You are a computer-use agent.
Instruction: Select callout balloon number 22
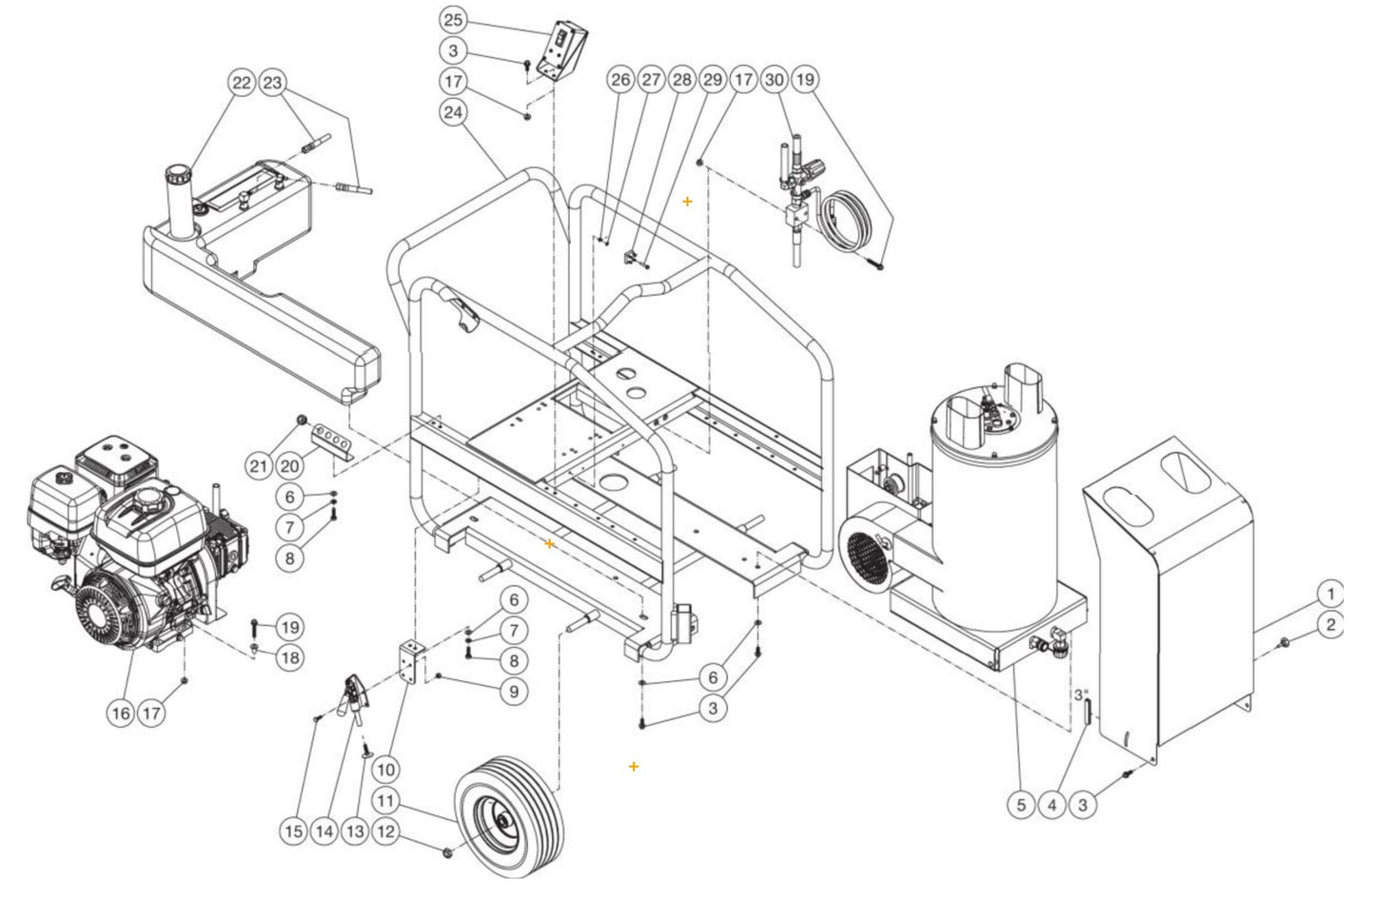[x=242, y=83]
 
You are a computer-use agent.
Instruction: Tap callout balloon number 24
[x=454, y=112]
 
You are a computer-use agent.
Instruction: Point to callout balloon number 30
[x=775, y=79]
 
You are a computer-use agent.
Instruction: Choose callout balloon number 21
[x=258, y=466]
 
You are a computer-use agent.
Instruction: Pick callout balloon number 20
[x=291, y=466]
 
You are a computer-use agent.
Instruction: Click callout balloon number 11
[x=384, y=800]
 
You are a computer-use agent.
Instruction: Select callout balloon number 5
[x=1020, y=805]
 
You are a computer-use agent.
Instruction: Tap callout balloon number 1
[x=1330, y=595]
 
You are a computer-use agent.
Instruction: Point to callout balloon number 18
[x=290, y=657]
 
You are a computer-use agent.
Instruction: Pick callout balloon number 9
[x=513, y=691]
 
